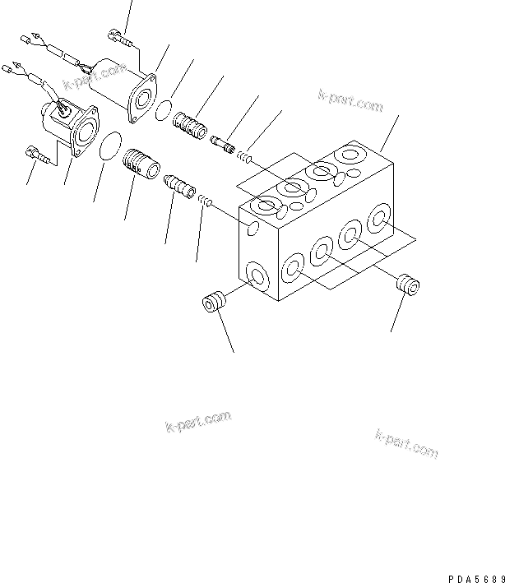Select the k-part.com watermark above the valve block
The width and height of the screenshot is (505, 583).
pyautogui.click(x=350, y=101)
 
